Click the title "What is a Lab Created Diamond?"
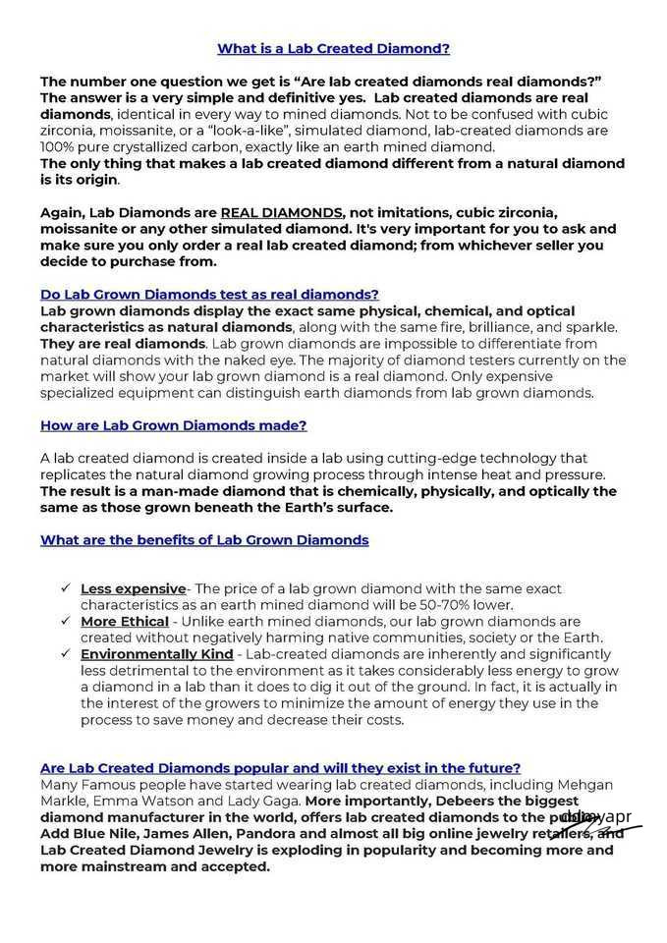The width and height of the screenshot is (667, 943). pyautogui.click(x=333, y=48)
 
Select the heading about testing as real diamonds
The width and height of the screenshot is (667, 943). pyautogui.click(x=209, y=294)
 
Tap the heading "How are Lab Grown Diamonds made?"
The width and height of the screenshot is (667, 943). pyautogui.click(x=174, y=425)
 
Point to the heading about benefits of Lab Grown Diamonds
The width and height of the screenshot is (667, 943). pyautogui.click(x=204, y=540)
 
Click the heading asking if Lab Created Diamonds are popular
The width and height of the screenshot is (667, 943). pyautogui.click(x=280, y=767)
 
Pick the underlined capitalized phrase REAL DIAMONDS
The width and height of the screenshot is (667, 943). pyautogui.click(x=283, y=212)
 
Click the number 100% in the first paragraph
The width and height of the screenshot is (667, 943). pyautogui.click(x=58, y=146)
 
